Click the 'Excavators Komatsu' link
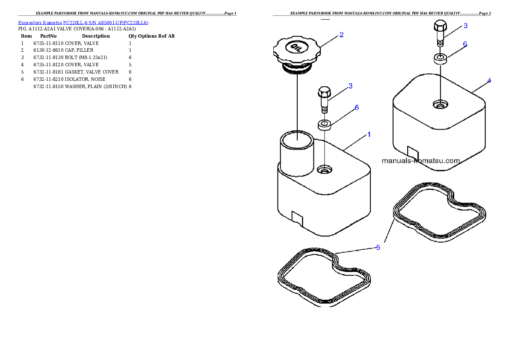point(40,23)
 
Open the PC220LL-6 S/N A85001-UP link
point(106,23)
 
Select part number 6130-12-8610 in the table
point(48,50)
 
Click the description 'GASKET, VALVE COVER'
point(92,72)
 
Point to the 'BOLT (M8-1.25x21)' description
point(86,57)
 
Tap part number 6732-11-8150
point(48,87)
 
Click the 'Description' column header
point(96,36)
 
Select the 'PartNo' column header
point(48,36)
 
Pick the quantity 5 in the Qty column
point(130,65)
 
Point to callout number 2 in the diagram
point(341,35)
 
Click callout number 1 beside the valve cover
point(369,134)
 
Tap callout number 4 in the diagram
point(489,80)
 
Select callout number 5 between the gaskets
point(378,248)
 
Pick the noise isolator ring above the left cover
point(325,124)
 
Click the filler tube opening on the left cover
point(297,140)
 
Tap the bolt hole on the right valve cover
point(441,104)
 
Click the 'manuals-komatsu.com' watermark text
point(421,161)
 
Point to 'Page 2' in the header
point(485,13)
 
